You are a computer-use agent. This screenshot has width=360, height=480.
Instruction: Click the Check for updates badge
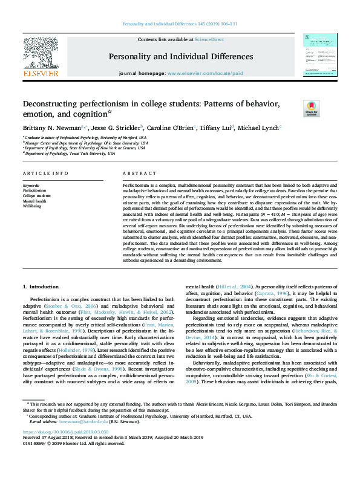pos(310,109)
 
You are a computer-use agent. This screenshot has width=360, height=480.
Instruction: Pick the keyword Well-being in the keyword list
pos(33,206)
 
